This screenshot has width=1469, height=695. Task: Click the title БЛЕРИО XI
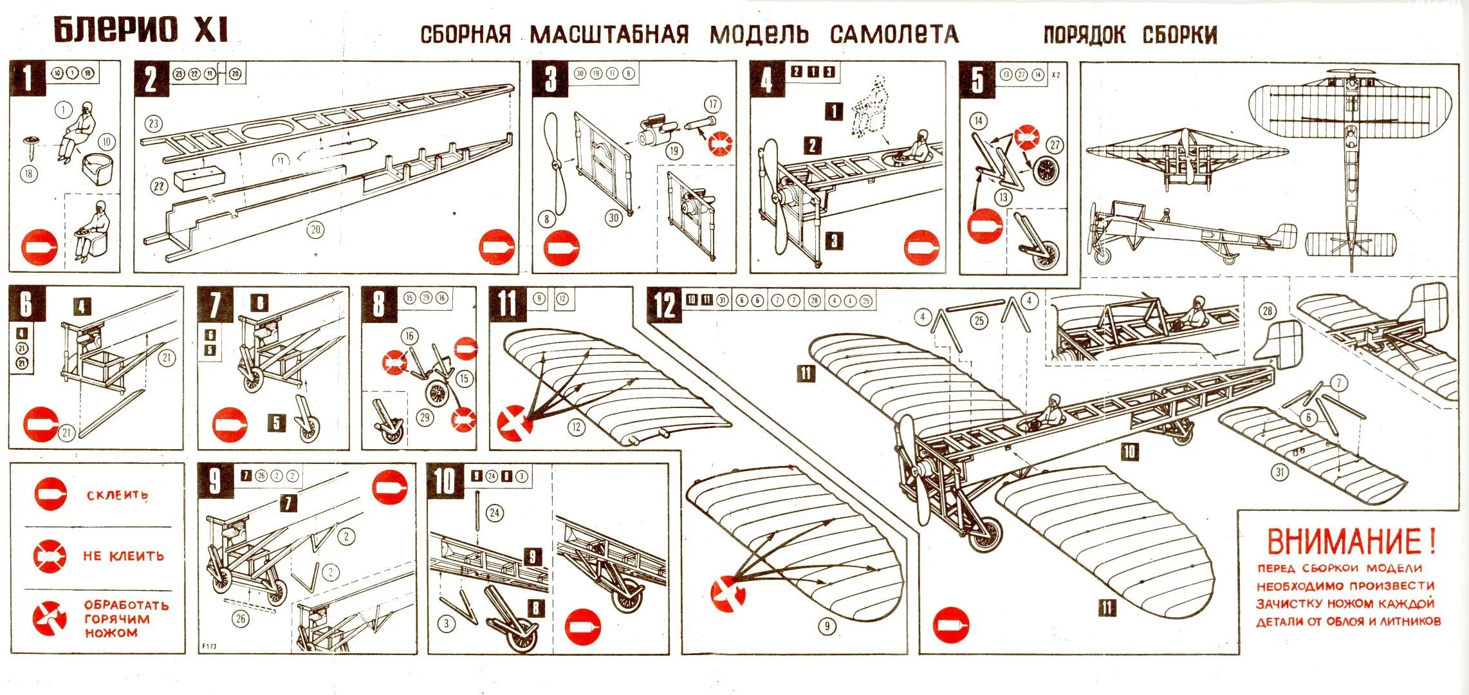[x=140, y=30]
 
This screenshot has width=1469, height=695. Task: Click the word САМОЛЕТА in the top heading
[x=894, y=34]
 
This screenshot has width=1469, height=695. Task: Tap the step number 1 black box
[x=26, y=79]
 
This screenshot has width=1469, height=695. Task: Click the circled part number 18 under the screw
[x=29, y=173]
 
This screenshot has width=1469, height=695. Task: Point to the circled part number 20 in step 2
[x=315, y=230]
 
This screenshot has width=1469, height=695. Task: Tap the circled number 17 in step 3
[x=712, y=105]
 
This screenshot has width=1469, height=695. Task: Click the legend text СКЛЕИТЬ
[x=117, y=496]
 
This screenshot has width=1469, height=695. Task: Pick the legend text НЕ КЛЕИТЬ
[x=124, y=556]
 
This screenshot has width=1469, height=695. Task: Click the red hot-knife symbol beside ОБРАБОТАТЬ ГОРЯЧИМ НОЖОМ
[x=50, y=618]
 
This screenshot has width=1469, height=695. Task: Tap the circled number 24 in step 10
[x=494, y=513]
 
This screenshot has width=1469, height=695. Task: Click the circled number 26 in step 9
[x=241, y=619]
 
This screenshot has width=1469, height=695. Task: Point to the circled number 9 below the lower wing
[x=827, y=625]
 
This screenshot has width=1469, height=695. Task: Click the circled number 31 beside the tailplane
[x=1280, y=473]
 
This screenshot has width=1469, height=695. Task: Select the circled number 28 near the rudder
[x=1267, y=311]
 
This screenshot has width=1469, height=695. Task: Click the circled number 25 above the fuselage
[x=979, y=320]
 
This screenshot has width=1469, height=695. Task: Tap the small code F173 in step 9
[x=210, y=646]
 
